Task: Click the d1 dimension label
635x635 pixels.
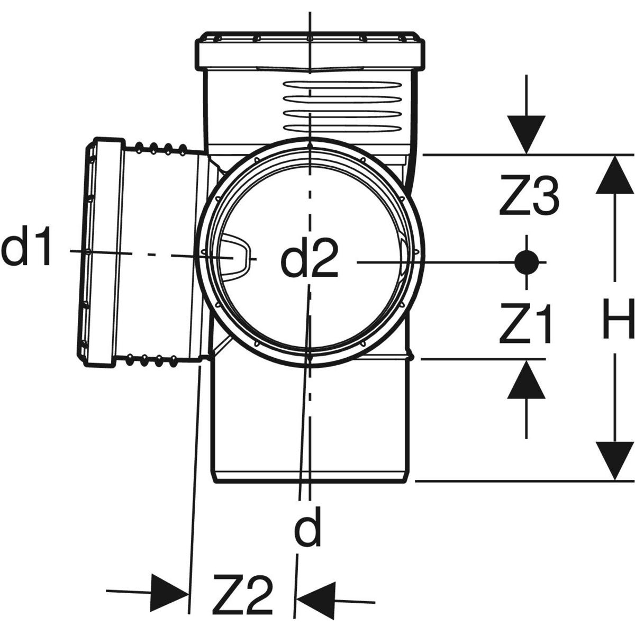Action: click(28, 250)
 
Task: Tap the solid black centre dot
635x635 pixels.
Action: click(527, 261)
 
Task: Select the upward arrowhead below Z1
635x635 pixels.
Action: click(527, 380)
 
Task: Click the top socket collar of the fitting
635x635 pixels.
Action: click(312, 52)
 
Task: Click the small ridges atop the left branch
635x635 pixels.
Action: click(159, 148)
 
